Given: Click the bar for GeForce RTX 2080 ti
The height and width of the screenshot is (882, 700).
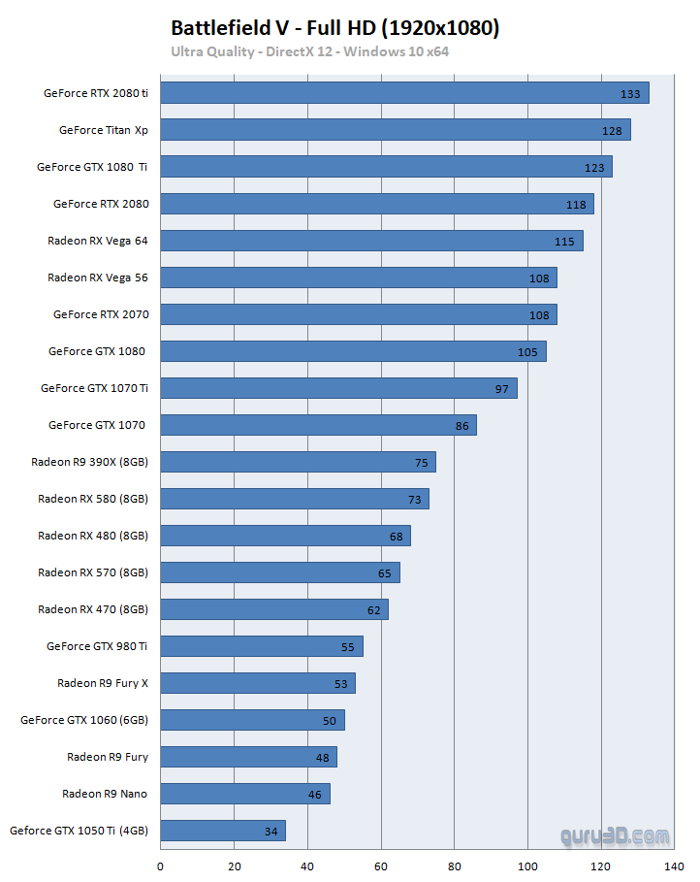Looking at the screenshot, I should (x=404, y=93).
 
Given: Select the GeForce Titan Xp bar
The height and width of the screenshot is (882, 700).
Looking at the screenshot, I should (x=395, y=130).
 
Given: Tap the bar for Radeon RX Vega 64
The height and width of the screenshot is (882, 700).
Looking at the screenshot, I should (x=371, y=241).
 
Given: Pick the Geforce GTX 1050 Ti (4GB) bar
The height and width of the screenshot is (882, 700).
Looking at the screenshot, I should (x=222, y=831).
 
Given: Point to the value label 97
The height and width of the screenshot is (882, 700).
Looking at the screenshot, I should (x=502, y=389).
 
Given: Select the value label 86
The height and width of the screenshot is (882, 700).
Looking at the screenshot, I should (x=461, y=426).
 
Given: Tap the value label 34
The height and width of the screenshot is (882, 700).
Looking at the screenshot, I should (x=270, y=832).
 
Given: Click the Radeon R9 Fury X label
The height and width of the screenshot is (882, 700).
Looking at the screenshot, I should (x=103, y=683).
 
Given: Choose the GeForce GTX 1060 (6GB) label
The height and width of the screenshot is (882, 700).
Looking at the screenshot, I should (x=84, y=720).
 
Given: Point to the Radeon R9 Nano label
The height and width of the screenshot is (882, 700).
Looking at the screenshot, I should (x=105, y=794).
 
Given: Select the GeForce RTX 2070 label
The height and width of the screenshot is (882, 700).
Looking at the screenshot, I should (x=101, y=314).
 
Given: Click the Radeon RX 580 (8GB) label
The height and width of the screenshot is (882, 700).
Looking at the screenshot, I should (x=93, y=499).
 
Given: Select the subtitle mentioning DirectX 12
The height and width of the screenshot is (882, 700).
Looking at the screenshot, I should (x=309, y=51).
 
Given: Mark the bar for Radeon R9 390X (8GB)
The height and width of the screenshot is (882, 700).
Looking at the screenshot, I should (x=298, y=462).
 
